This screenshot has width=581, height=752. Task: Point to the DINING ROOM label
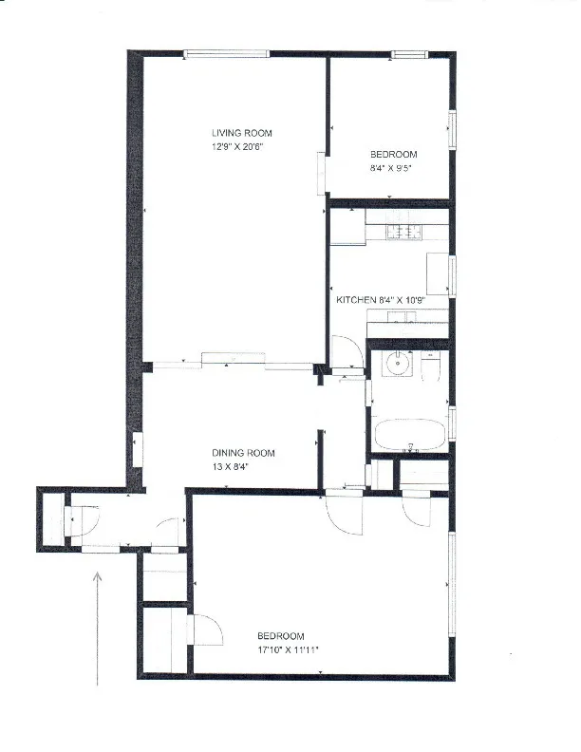coord(243,453)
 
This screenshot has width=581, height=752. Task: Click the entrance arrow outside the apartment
coord(99,627)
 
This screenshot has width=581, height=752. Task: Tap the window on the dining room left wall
coord(137,449)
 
